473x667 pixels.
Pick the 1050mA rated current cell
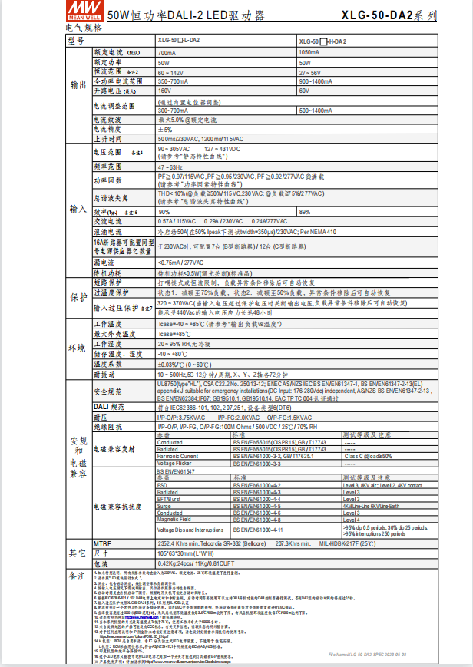pyautogui.click(x=310, y=53)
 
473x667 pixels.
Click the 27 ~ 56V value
pyautogui.click(x=310, y=71)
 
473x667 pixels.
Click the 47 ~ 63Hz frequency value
pyautogui.click(x=172, y=167)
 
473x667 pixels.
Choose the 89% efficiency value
pyautogui.click(x=305, y=212)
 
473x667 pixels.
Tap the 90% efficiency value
pyautogui.click(x=164, y=212)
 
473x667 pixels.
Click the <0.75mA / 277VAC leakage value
pyautogui.click(x=182, y=262)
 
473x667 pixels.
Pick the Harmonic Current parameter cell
pyautogui.click(x=177, y=456)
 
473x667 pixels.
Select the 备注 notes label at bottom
pyautogui.click(x=77, y=575)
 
